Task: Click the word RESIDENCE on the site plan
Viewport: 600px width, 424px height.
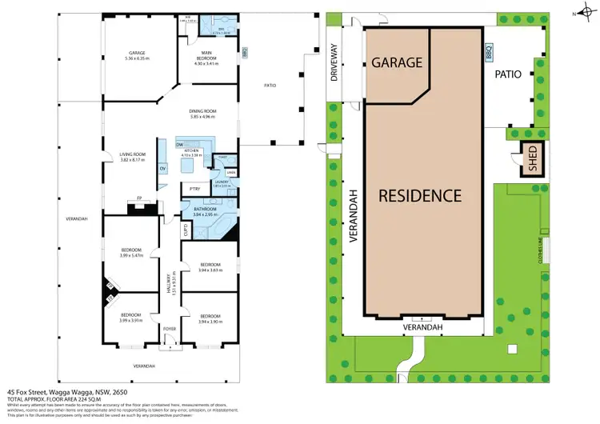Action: (420, 195)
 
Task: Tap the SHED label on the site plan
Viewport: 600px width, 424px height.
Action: (530, 158)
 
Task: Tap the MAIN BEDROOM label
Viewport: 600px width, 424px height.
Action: (208, 58)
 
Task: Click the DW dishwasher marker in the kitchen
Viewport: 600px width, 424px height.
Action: (181, 144)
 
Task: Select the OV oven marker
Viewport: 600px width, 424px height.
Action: (162, 169)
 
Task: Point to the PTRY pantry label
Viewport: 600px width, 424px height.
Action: (194, 188)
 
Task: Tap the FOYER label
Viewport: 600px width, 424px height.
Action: (170, 329)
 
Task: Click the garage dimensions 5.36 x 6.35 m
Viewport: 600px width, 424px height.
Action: (137, 58)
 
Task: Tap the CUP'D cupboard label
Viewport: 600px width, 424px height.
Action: (187, 230)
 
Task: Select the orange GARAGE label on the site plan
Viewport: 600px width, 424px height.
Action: (396, 62)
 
